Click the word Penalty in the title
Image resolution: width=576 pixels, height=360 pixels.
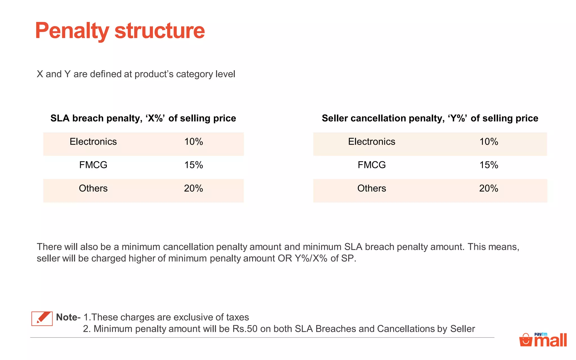72,31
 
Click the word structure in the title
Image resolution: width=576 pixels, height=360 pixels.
159,31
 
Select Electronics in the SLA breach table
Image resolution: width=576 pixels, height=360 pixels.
93,141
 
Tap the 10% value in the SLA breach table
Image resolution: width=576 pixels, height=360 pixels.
193,141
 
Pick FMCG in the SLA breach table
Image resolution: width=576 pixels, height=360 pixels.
93,165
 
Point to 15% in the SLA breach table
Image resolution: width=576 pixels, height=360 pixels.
193,165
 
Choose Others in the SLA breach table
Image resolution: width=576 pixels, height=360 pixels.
93,188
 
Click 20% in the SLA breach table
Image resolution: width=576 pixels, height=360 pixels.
193,188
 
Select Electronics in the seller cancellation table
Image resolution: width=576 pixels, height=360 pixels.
372,141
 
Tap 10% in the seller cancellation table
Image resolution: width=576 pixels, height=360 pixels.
489,141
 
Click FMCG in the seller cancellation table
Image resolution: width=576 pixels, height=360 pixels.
372,165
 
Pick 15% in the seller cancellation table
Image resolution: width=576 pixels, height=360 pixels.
489,165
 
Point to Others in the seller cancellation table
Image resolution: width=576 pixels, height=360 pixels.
372,188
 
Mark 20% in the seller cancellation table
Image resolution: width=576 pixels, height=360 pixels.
489,188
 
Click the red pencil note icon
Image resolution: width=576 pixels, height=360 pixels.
42,318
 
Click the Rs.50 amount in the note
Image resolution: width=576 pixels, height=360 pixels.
245,329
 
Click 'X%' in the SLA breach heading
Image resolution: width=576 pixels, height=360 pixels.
155,118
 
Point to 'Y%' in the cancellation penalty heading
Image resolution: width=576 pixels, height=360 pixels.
458,118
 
